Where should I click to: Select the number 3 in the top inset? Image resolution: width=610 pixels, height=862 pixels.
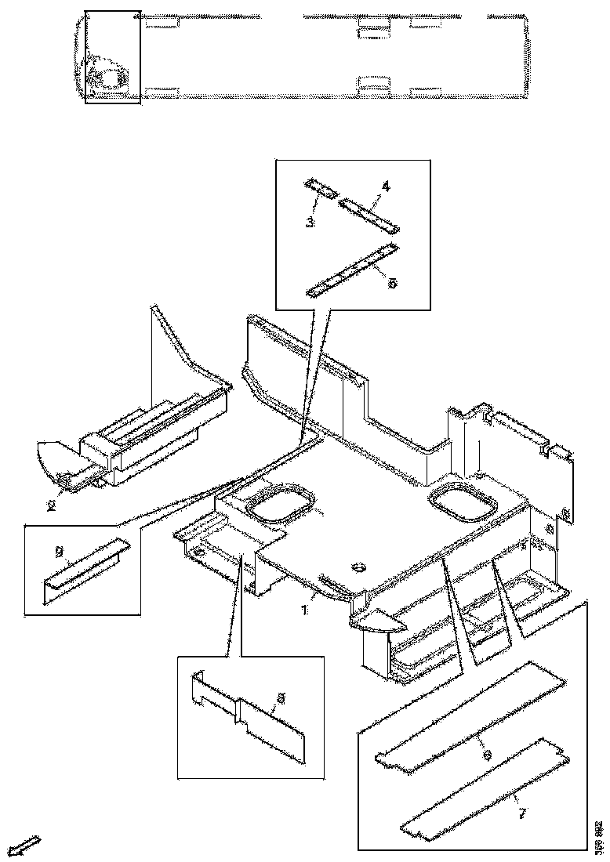(310, 223)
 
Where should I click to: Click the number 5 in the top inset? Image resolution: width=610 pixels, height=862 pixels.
(392, 283)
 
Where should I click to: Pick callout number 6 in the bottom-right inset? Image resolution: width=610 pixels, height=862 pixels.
(487, 755)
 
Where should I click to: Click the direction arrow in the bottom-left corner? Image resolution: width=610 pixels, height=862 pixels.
(28, 846)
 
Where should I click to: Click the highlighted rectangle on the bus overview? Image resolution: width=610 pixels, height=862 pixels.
(112, 56)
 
